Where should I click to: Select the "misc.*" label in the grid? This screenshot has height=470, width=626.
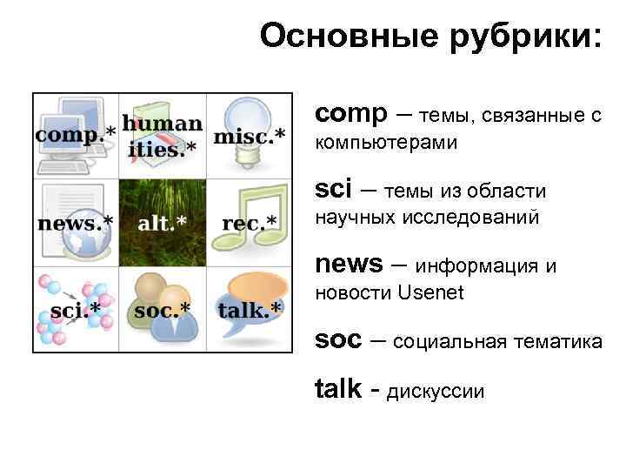tap(250, 135)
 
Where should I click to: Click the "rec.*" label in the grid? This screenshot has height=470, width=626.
tap(250, 223)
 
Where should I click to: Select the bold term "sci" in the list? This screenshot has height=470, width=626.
tap(334, 189)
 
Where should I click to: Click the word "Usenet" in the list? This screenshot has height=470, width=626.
tap(430, 292)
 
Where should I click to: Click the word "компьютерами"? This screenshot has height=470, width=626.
tap(386, 142)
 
